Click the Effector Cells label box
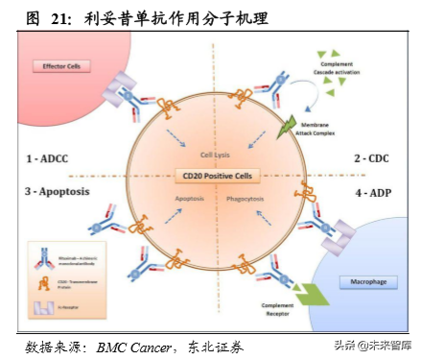[60, 66]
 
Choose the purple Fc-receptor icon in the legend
[41, 308]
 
